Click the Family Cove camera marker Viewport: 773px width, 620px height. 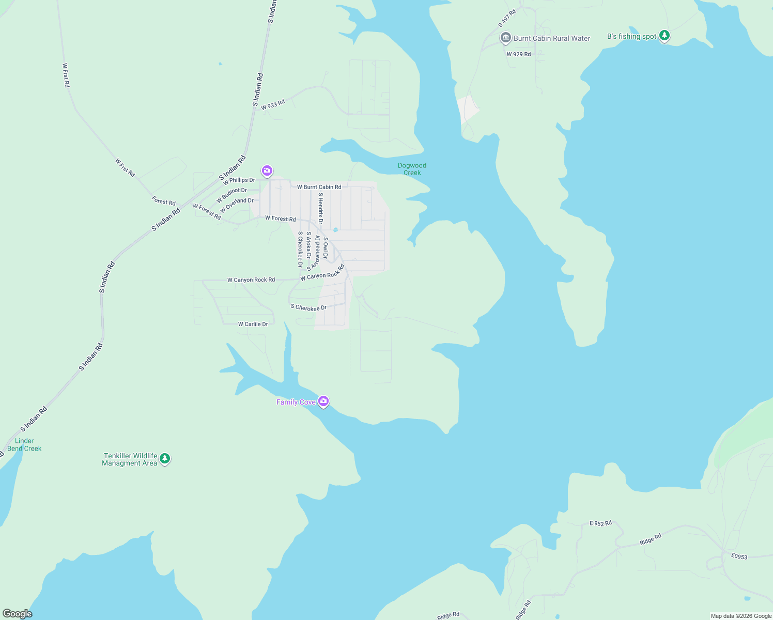[x=323, y=401]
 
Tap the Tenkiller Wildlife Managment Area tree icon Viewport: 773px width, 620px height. [x=165, y=458]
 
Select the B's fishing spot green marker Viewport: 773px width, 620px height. [x=664, y=36]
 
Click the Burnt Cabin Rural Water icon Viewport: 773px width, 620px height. [x=505, y=38]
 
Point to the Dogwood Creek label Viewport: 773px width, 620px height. [x=412, y=169]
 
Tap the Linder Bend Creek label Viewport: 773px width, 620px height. [x=24, y=445]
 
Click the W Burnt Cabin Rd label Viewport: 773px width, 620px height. [x=319, y=187]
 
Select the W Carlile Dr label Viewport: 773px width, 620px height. [x=253, y=324]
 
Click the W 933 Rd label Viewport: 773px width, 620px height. [x=273, y=105]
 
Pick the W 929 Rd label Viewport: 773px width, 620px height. [x=518, y=54]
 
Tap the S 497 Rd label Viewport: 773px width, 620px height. [x=507, y=18]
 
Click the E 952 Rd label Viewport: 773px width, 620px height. [x=600, y=523]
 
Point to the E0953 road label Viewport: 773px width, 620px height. [x=739, y=556]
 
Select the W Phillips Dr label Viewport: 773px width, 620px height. [x=239, y=180]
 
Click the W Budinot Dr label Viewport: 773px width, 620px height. [x=231, y=195]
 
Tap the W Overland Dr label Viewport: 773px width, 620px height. [x=237, y=205]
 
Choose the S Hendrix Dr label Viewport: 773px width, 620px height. [x=320, y=208]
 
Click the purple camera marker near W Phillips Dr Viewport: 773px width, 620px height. [x=267, y=171]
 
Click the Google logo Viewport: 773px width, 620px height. [x=17, y=614]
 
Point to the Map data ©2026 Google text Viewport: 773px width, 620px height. [x=740, y=616]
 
